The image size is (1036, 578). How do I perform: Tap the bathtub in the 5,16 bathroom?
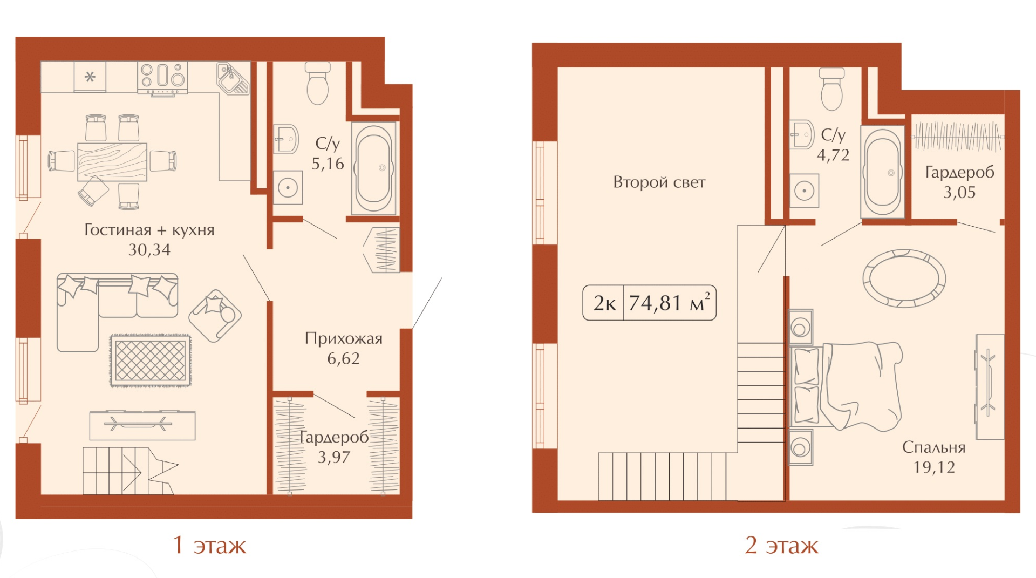(x=374, y=168)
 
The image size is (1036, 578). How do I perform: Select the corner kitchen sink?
(x=233, y=78)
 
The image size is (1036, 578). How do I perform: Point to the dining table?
(x=112, y=161)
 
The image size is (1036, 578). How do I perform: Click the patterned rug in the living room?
(x=151, y=361)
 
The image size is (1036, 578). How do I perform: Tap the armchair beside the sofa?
(x=215, y=316)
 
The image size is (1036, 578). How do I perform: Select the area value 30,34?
(x=149, y=250)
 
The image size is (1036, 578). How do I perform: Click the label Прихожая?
(x=344, y=338)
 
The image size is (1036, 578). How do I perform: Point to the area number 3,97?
(x=334, y=457)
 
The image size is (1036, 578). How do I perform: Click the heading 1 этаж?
(x=209, y=545)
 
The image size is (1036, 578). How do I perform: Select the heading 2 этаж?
(x=781, y=545)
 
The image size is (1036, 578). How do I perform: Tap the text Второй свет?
(x=659, y=182)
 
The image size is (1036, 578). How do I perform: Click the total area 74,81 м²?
(x=670, y=303)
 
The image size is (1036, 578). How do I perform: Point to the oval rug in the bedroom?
(x=904, y=278)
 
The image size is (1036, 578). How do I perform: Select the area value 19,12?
(x=934, y=467)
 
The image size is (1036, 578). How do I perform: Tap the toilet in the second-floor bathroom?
(x=831, y=89)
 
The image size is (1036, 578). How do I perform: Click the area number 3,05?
(x=959, y=193)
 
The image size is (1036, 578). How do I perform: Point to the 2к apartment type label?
(x=604, y=303)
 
